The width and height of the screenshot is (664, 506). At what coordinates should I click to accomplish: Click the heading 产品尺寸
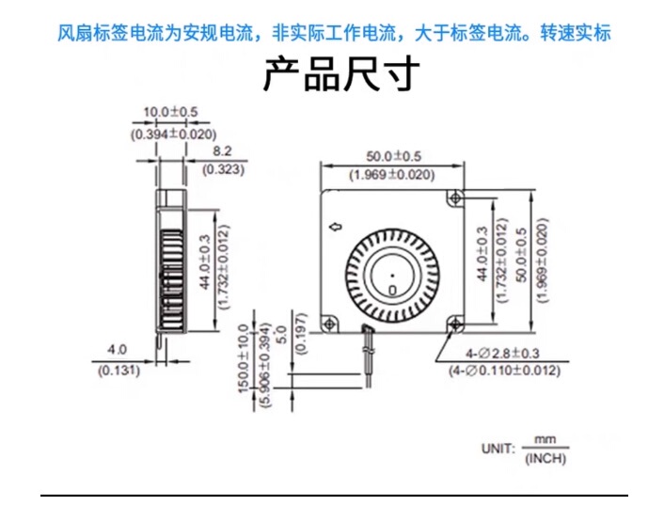coord(341,74)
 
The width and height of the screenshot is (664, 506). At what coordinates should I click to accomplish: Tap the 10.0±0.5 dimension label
coord(170,112)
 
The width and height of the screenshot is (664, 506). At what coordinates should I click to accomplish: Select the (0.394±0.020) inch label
coord(173,134)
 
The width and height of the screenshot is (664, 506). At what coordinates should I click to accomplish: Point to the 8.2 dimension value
coord(222,150)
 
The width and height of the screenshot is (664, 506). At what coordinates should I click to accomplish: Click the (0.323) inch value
coord(223,169)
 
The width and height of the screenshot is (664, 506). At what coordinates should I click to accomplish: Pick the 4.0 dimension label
coord(117,350)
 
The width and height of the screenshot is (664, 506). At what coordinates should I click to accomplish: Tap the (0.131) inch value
coord(119,371)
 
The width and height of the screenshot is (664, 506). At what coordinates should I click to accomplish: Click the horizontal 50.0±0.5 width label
coord(393,157)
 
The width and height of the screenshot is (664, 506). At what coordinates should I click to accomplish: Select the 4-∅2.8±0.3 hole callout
coord(502,353)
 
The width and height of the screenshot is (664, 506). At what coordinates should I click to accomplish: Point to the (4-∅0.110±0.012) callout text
coord(504,371)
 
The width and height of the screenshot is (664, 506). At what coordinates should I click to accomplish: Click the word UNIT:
coord(498,449)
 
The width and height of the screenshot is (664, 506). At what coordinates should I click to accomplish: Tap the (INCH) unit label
coord(545,459)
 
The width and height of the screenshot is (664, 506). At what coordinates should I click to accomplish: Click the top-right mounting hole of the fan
coord(455,198)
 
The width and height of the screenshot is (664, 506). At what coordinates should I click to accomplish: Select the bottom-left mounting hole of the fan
coord(329,324)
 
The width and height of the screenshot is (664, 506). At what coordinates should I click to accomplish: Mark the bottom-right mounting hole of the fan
coord(455,324)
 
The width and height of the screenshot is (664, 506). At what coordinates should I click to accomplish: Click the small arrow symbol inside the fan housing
coord(337,228)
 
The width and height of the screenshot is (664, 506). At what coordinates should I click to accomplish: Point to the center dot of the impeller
coord(392,276)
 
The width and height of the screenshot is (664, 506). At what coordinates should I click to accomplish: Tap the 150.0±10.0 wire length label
coord(244,358)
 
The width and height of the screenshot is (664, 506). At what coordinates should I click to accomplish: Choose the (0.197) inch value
coord(301,333)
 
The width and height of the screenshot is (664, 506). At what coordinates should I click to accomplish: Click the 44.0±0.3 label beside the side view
coord(204,262)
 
